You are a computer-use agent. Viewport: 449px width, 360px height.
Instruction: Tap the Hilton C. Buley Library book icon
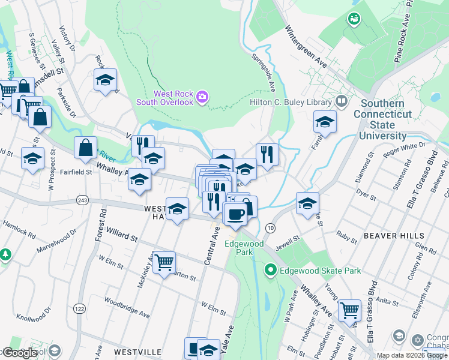pos(342,101)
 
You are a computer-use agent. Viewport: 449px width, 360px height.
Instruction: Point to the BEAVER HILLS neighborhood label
pos(389,236)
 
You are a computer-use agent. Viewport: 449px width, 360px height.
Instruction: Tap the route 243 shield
pos(83,200)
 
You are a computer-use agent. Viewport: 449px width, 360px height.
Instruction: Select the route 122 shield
pos(79,308)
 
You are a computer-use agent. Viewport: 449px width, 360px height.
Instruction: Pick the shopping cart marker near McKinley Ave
pos(164,262)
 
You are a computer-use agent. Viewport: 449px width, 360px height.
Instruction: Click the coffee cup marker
pos(235,214)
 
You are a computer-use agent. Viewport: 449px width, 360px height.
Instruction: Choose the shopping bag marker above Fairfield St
pos(86,147)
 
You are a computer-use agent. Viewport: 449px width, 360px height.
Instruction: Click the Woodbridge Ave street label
pos(126,305)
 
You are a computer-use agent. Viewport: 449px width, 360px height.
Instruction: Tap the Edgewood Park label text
pos(244,248)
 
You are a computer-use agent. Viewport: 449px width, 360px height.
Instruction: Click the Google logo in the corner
pos(20,353)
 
